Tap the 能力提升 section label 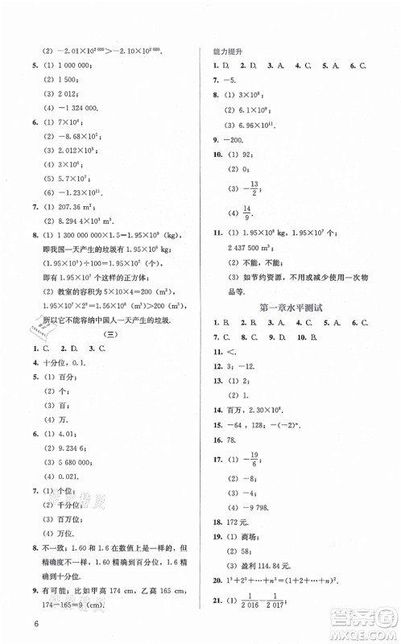point(229,51)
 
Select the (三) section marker point(102,332)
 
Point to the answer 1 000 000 point(78,68)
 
